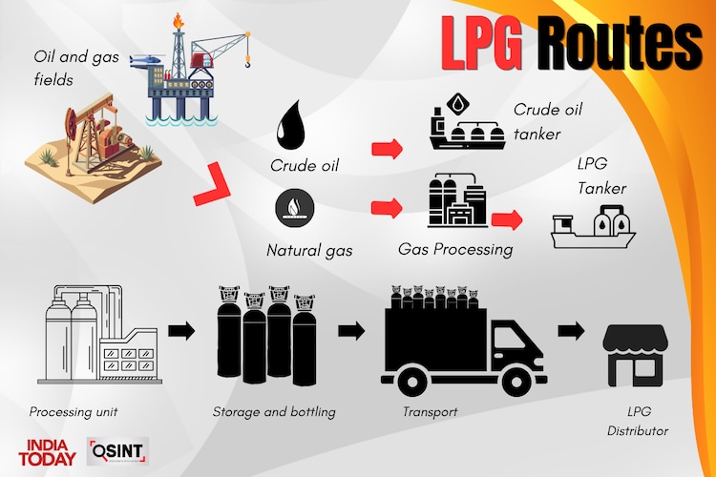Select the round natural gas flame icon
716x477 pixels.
click(x=291, y=207)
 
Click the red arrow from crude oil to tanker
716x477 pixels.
click(x=386, y=147)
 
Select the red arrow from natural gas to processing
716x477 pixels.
click(x=386, y=206)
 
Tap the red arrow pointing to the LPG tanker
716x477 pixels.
click(x=508, y=222)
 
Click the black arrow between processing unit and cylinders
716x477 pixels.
click(x=180, y=332)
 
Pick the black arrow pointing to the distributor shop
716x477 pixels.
click(x=571, y=332)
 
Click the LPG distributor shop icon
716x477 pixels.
click(x=634, y=353)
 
